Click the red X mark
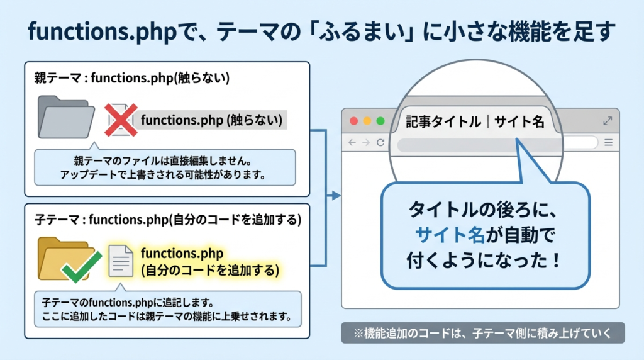(120, 119)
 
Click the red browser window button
(353, 121)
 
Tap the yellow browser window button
(367, 121)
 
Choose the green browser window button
(380, 121)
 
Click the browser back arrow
(352, 143)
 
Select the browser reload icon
(380, 143)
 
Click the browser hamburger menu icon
(608, 143)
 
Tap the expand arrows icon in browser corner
(608, 121)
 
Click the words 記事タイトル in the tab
(443, 121)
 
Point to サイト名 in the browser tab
(519, 121)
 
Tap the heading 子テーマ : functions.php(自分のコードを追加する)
(168, 220)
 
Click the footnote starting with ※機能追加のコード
(482, 333)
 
